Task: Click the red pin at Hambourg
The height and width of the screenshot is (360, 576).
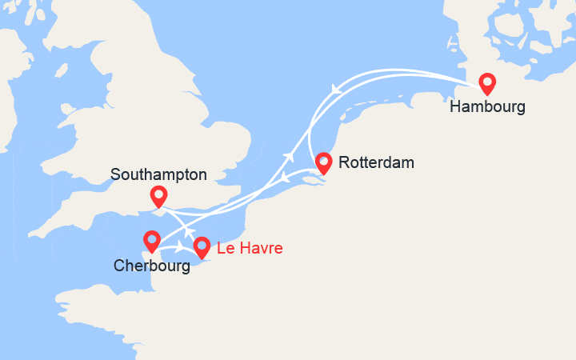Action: [x=486, y=82]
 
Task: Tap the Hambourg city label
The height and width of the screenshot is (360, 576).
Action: [x=487, y=106]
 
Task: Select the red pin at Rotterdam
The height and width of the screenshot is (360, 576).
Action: [x=323, y=162]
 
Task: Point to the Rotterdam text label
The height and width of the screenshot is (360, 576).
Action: [x=376, y=163]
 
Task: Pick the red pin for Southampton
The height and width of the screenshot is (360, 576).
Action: [x=158, y=195]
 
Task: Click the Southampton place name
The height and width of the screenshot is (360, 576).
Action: [x=158, y=174]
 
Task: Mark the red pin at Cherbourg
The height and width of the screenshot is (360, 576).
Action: [x=151, y=240]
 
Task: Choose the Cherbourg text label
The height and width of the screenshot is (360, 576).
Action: [x=151, y=266]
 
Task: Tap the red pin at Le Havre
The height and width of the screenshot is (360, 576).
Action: [x=202, y=247]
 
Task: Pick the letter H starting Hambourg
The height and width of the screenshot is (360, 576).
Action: [x=456, y=106]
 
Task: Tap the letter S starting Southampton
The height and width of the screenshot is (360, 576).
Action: [x=116, y=174]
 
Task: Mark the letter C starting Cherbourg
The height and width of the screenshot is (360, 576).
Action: [x=118, y=266]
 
